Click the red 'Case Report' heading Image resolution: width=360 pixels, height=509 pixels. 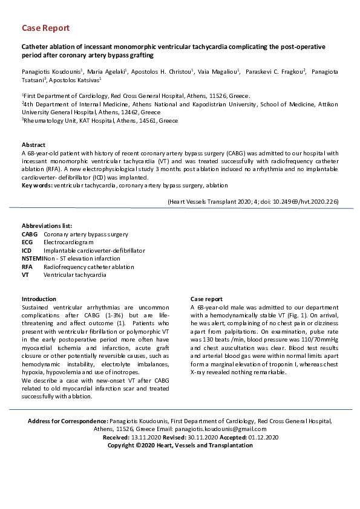45,28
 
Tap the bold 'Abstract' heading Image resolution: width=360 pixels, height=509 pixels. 34,145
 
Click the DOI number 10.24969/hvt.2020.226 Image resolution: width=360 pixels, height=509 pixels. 304,201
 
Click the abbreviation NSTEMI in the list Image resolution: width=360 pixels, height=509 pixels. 33,258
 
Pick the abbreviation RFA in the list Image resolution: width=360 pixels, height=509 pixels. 28,267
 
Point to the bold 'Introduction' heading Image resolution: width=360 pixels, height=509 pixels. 39,299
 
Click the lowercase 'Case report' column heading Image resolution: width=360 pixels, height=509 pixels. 206,299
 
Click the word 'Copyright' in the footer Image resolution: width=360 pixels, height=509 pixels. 123,445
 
